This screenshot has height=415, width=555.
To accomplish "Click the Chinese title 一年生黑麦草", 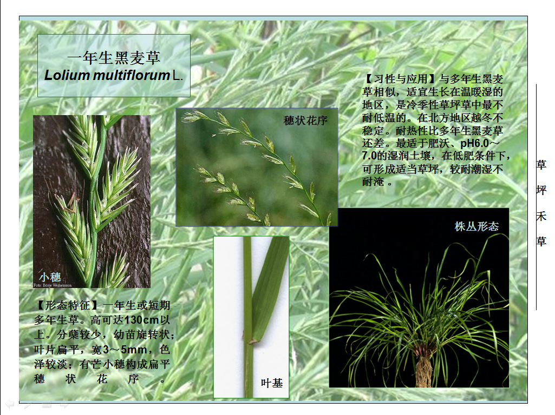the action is pos(114,58).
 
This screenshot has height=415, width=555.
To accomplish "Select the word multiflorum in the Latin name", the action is pos(132,75).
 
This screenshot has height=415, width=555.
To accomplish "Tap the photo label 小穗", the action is pos(50,277).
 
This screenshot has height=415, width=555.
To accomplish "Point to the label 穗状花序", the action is pos(305,121).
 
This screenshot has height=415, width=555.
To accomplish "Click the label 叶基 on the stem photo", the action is pos(272,383).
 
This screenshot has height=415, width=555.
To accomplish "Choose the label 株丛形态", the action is pos(476,226).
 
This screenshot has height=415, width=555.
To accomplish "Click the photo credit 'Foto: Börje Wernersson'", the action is pos(53,285).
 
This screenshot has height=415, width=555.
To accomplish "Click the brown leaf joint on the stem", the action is pos(252,341).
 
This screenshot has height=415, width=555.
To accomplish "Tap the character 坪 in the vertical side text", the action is pos(541,190).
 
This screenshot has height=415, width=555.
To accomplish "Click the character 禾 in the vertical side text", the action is pos(541,216).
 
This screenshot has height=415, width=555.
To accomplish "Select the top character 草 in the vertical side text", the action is pos(541,165).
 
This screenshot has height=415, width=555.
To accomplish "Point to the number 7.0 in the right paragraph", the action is pos(369,156).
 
